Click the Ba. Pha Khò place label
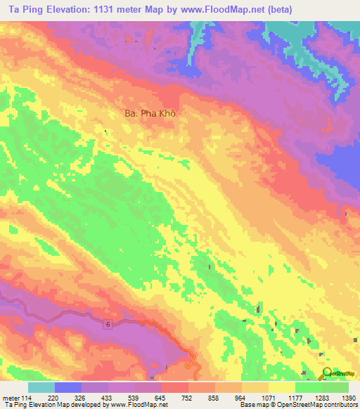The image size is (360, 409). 143,112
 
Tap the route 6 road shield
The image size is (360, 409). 109,324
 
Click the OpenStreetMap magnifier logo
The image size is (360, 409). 328,372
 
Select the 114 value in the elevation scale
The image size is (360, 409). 27,397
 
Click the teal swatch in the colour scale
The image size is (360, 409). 41,387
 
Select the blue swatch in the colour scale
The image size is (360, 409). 68,387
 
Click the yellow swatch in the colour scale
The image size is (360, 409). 282,387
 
